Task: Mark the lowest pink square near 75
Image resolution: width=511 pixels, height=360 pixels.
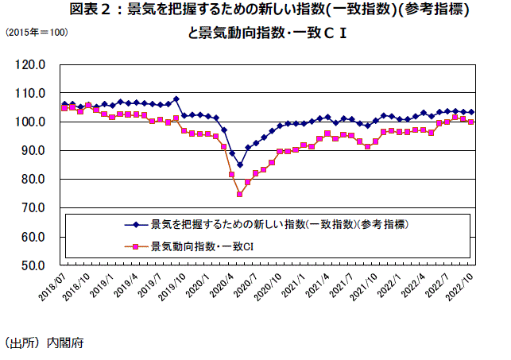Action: (x=239, y=194)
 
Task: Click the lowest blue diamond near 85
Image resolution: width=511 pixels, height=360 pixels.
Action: (x=239, y=165)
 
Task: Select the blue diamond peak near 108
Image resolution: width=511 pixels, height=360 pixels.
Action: (x=176, y=99)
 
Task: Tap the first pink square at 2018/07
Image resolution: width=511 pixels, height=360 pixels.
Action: (x=64, y=107)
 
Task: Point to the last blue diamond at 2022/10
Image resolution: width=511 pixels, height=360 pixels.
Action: (x=471, y=112)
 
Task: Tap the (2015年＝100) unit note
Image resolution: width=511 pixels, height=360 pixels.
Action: (x=36, y=33)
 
